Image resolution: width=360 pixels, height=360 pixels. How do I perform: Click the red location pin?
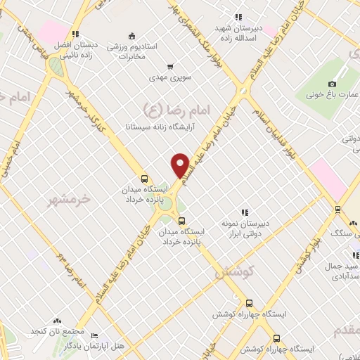(x=181, y=165)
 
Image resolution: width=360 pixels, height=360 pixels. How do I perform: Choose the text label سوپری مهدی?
(x=172, y=79)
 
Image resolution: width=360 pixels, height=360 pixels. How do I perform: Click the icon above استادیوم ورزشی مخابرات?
(x=131, y=36)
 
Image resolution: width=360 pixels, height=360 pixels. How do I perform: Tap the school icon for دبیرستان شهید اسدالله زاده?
(x=238, y=16)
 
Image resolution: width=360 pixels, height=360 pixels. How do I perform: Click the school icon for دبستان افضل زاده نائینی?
(x=75, y=33)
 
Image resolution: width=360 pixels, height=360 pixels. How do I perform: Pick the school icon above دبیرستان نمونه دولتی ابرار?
(x=245, y=212)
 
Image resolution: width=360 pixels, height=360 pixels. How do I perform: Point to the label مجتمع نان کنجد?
(x=58, y=331)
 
